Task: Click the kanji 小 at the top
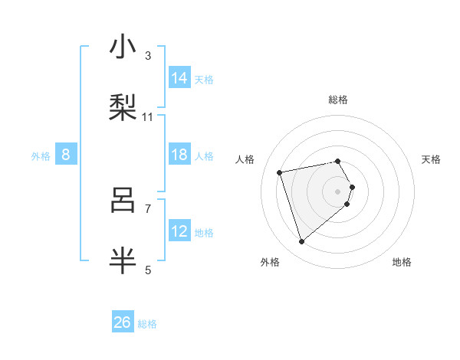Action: (x=123, y=47)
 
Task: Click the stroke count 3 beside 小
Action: (x=148, y=56)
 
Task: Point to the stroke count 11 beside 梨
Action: (x=148, y=117)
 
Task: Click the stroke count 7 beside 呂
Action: (x=148, y=208)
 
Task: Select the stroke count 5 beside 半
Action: (x=148, y=270)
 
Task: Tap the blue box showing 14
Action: (x=180, y=78)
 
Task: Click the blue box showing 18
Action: (x=180, y=155)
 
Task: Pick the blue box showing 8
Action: (x=66, y=155)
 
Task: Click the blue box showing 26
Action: (x=123, y=322)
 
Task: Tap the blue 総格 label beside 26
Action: (x=148, y=324)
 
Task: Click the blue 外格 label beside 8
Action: (x=41, y=156)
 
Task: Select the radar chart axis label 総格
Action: (x=338, y=100)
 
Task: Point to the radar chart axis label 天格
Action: (x=432, y=159)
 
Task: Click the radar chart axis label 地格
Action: (x=402, y=262)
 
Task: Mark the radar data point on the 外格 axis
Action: (x=302, y=242)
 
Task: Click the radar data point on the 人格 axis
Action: (x=280, y=172)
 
